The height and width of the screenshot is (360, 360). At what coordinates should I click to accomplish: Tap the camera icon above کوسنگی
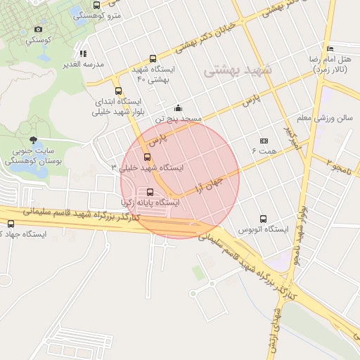[38, 30]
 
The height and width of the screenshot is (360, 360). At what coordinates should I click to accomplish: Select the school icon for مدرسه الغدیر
[83, 53]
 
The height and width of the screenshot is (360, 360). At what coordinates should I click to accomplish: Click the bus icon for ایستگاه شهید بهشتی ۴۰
[153, 59]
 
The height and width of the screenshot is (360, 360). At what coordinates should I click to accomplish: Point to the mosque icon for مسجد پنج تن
[179, 108]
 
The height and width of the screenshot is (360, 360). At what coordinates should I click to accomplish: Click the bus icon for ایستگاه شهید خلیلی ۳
[147, 157]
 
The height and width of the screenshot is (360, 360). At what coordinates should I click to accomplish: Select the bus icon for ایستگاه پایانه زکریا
[150, 192]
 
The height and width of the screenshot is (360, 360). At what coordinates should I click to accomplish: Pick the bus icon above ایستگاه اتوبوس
[263, 219]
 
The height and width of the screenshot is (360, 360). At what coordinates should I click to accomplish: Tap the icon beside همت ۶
[264, 141]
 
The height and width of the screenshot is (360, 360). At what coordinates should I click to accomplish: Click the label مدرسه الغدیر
[84, 64]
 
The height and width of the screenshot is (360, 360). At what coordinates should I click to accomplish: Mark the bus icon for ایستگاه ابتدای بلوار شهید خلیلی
[118, 91]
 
